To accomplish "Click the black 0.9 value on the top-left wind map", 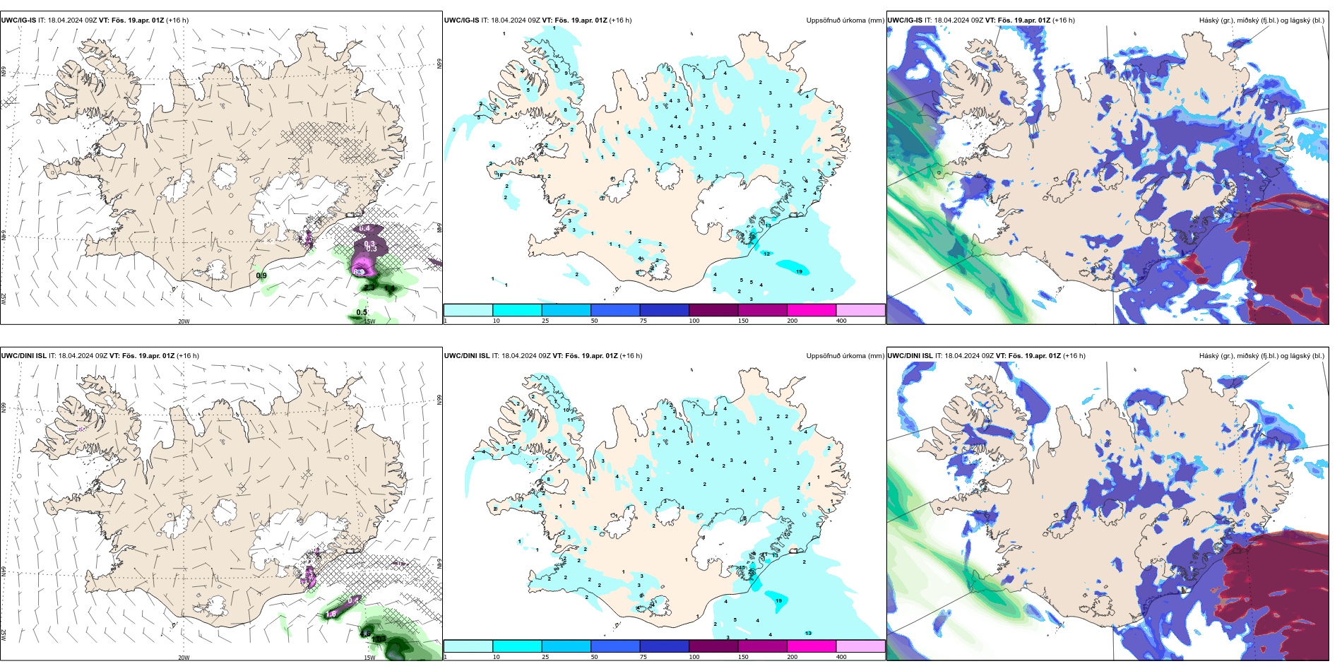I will [x=261, y=275].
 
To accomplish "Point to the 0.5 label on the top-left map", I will [x=362, y=312].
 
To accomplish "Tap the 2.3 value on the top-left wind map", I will [x=369, y=287].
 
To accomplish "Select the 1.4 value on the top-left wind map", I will [x=390, y=288].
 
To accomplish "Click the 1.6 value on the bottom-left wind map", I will [x=331, y=614].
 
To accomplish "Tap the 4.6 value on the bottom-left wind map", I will [x=366, y=633].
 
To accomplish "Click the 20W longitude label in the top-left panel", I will [x=184, y=321].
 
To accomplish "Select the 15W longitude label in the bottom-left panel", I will [x=369, y=658].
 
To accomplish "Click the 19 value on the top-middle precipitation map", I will [x=799, y=271].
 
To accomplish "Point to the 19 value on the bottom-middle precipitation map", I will [x=778, y=600].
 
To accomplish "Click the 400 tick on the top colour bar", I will [x=841, y=321].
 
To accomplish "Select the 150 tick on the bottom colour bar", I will [x=743, y=657].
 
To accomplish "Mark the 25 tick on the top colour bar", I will [x=545, y=321].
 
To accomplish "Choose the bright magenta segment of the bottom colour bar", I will [x=812, y=646].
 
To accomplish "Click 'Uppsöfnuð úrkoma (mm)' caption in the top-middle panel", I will [x=845, y=20].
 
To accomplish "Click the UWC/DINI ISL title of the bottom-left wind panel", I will [x=24, y=356].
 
